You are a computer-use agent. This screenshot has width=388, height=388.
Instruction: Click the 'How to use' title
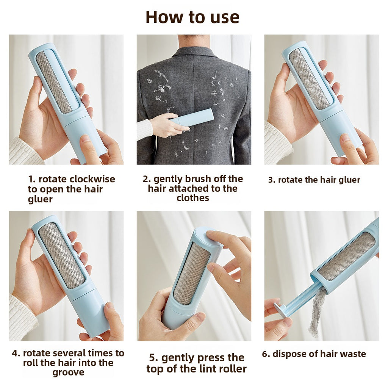coord(192,17)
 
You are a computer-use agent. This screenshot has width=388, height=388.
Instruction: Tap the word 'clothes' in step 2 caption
coord(192,198)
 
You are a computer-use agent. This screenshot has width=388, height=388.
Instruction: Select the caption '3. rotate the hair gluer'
coord(314,180)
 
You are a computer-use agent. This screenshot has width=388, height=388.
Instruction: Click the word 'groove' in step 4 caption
coord(68,372)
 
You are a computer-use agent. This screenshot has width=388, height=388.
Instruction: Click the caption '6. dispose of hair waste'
coord(314,354)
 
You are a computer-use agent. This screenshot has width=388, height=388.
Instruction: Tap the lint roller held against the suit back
coord(193,118)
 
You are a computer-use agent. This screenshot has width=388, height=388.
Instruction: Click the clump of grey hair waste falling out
coord(317,311)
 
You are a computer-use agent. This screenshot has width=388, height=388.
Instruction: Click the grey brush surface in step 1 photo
coord(54,81)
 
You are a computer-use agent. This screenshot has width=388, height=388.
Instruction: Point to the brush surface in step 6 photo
coord(347,256)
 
